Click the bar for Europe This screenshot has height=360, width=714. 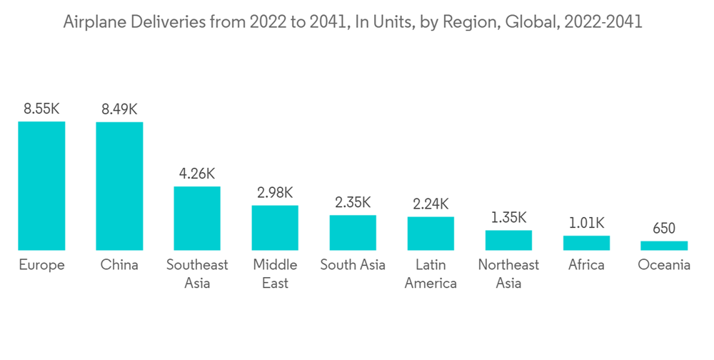pos(41,186)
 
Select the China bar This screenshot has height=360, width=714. pos(119,186)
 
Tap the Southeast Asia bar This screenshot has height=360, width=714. pos(197,218)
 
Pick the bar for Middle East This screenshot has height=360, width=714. pos(275,228)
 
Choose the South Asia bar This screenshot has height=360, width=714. pos(353,232)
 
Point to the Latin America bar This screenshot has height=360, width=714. pos(431,233)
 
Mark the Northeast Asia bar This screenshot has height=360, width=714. pos(508,240)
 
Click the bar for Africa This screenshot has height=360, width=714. pos(586,243)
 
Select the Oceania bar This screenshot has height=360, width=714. pos(664,246)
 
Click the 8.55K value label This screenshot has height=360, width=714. pos(41,109)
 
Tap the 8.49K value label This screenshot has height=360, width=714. pos(119,109)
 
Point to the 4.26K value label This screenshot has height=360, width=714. pos(197,173)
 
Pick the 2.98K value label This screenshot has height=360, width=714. pos(275,192)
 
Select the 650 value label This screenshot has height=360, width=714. pos(664,229)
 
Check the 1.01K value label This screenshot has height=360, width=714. pos(586,222)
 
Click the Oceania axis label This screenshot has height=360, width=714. pos(664,265)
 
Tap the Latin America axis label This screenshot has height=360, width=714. pos(431,274)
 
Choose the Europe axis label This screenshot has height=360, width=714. pos(41,265)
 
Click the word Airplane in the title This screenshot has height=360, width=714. pos(92,22)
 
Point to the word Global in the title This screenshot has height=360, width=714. pos(531,22)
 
